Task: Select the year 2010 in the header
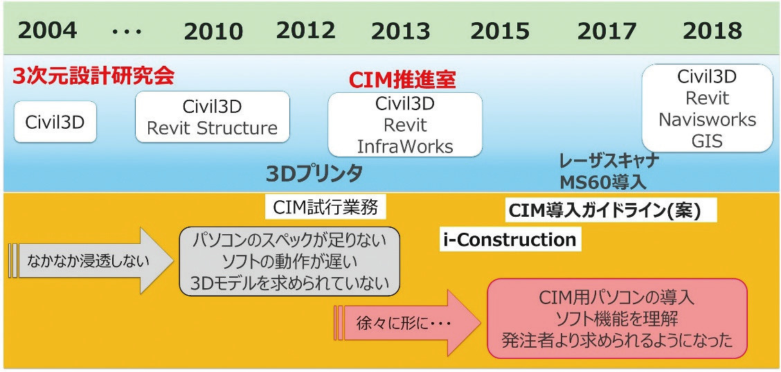coord(214,32)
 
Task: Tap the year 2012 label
coord(306,31)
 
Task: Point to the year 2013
coord(400,32)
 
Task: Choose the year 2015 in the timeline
coord(500,32)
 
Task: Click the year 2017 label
coord(607,32)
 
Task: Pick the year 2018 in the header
coord(712,32)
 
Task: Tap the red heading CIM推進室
coord(402,79)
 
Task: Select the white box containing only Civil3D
coord(55,122)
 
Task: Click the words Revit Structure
coord(212,129)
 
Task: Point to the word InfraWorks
coord(405,147)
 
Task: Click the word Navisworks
coord(708,120)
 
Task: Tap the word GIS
coord(708,141)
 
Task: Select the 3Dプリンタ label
coord(314,175)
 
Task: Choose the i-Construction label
coord(510,240)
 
